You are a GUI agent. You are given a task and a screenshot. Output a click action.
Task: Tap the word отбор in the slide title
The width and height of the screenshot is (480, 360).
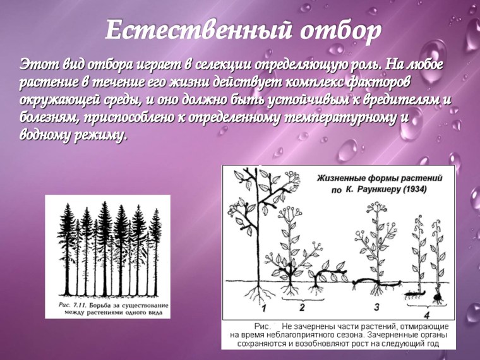[335, 30]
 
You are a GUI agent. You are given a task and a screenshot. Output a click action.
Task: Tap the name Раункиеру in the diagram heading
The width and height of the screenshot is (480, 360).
[366, 189]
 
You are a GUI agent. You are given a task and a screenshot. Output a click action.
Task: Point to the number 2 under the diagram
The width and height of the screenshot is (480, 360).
[302, 308]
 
